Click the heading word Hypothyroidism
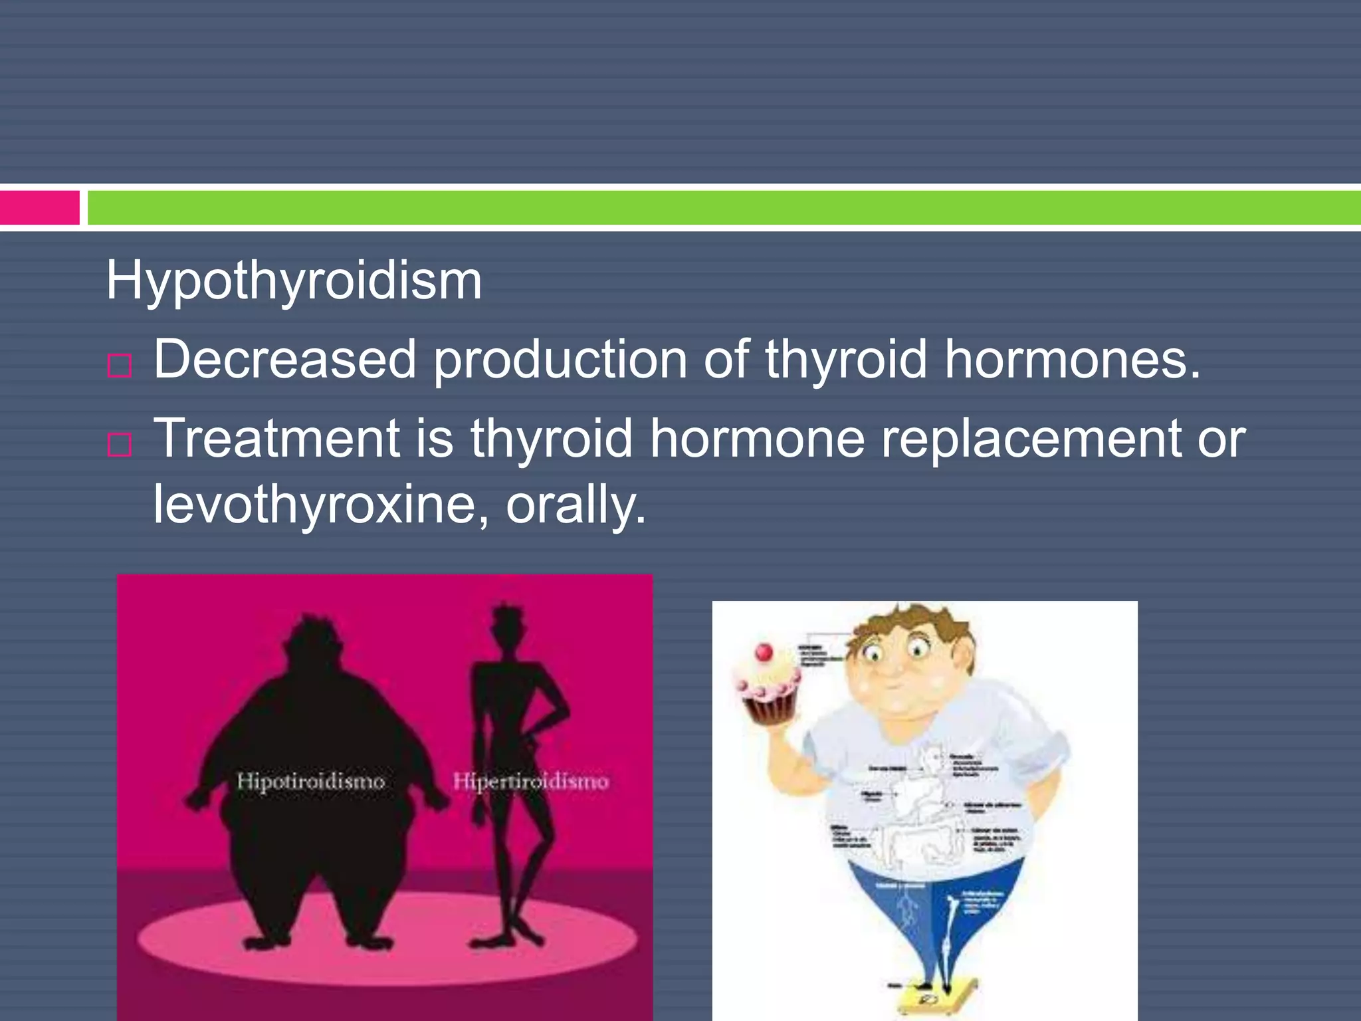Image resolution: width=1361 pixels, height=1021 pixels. pos(294,281)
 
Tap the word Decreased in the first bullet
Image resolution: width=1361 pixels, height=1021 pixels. pos(284,360)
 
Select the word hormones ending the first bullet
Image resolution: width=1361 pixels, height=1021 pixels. pos(1072,360)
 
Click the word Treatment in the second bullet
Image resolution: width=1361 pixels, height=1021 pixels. pos(276,439)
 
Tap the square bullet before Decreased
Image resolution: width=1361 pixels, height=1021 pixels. pos(120,366)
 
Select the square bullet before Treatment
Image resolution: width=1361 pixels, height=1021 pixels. pos(120,445)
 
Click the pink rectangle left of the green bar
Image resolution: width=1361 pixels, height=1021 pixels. pos(40,207)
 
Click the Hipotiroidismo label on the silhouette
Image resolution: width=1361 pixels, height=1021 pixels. pos(311,781)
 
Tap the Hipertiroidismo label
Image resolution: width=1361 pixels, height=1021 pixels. pos(531,781)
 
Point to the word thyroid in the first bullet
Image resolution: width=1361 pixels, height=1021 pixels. pos(845,360)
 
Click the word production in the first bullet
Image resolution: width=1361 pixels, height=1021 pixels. pos(560,360)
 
